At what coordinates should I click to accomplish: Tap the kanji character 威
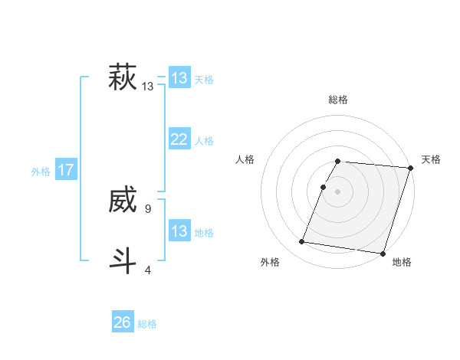coord(123,201)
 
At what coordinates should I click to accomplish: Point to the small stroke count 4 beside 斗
coord(147,270)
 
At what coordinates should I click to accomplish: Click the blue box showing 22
coord(179,139)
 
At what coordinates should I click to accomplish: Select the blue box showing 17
coord(66,170)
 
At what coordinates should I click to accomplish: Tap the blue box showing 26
coord(123,322)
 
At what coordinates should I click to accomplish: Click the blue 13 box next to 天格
coord(179,78)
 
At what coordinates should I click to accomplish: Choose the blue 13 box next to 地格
coord(179,231)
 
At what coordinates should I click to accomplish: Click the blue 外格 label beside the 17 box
coord(41,172)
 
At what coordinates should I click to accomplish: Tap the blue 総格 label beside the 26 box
coord(147,324)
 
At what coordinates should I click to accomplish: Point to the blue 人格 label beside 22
coord(204,141)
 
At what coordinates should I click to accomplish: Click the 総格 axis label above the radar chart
coord(338,100)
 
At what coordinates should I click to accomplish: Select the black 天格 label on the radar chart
coord(431,159)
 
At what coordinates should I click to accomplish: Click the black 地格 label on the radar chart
coord(402,263)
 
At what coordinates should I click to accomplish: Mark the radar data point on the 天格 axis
coord(410,168)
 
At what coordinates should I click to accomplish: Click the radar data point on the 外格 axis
coord(302,241)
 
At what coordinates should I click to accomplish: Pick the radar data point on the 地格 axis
coord(383,253)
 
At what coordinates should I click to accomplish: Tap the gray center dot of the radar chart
coord(337,191)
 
